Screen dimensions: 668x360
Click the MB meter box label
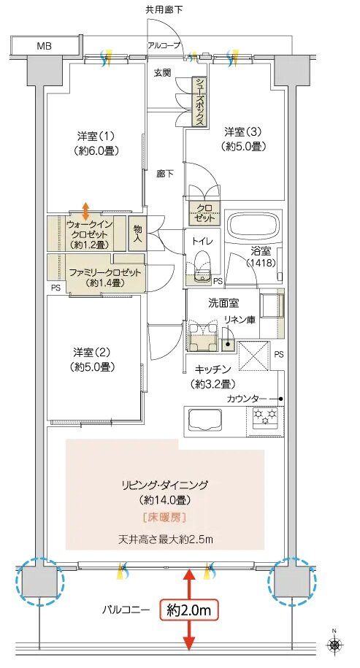[x=43, y=46]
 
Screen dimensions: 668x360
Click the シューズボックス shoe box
[x=198, y=102]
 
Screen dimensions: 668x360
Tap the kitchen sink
[x=207, y=420]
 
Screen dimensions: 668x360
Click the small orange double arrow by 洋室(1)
[x=86, y=210]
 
